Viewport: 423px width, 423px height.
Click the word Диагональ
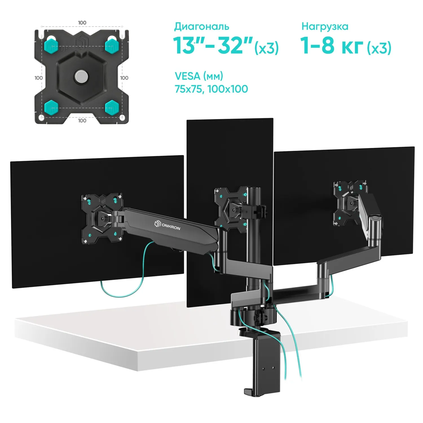202,27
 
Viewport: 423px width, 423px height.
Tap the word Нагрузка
325,27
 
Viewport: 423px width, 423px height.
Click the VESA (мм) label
199,76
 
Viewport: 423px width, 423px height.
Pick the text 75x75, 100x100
211,89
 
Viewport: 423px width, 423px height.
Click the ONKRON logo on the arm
167,226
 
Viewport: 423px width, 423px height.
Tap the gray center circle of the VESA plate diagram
81,76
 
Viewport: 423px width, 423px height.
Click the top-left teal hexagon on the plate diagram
51,46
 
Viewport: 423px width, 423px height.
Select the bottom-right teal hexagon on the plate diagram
112,107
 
